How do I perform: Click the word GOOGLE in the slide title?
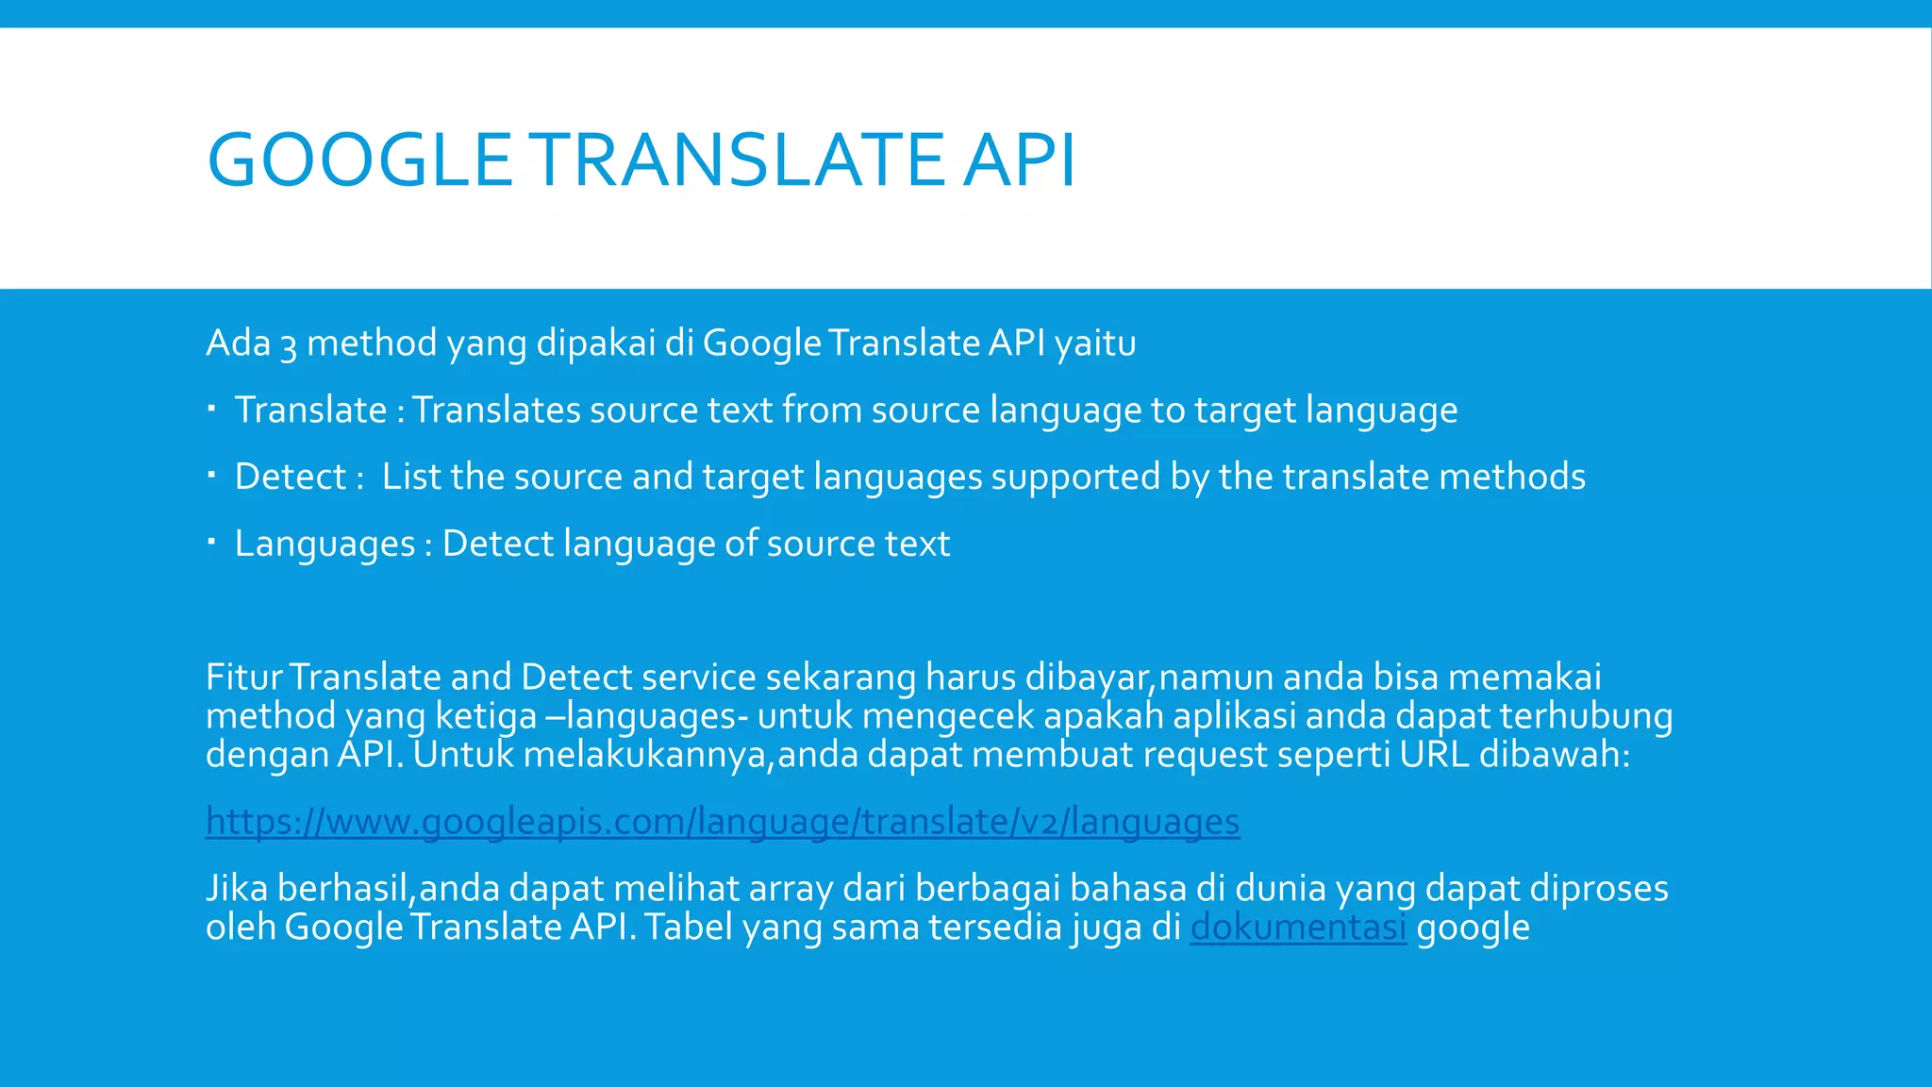pos(358,159)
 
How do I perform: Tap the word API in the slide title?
pos(1019,159)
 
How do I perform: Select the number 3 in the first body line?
pos(289,344)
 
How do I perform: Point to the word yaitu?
pos(1095,343)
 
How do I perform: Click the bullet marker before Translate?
pos(212,409)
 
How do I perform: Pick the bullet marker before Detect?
pos(212,476)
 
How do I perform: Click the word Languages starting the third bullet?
pos(325,544)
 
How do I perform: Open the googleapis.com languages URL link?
pos(722,822)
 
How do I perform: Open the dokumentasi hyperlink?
pos(1298,928)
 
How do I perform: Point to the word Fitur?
pos(243,677)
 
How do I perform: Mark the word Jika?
pos(237,889)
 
